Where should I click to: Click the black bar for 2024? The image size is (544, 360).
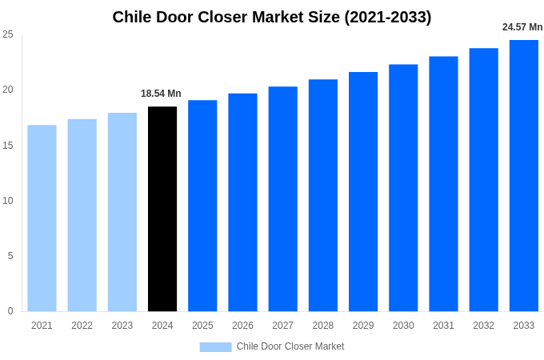click(162, 209)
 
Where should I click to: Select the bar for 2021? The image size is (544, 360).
click(42, 218)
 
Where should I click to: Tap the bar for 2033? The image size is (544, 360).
click(524, 175)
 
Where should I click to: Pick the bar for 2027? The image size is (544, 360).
click(282, 198)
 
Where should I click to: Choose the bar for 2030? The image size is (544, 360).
click(403, 188)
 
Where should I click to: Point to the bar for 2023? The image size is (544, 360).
click(122, 212)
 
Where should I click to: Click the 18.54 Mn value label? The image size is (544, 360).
click(161, 94)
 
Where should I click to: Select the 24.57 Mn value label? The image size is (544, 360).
click(522, 27)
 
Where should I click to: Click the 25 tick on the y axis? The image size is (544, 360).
click(8, 34)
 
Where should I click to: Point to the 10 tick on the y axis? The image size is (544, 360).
click(8, 201)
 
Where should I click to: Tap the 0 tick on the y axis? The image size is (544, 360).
click(10, 311)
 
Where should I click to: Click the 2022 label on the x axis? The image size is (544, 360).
click(82, 326)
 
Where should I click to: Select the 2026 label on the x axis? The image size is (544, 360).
click(242, 326)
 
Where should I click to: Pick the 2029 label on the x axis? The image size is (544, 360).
click(363, 326)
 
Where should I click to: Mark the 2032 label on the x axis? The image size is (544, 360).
click(483, 326)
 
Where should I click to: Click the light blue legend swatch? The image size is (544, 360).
click(215, 347)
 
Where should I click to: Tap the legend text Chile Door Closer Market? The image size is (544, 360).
click(290, 346)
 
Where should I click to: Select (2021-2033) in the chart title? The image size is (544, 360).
click(387, 17)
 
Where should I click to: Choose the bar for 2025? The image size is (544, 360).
click(202, 206)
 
